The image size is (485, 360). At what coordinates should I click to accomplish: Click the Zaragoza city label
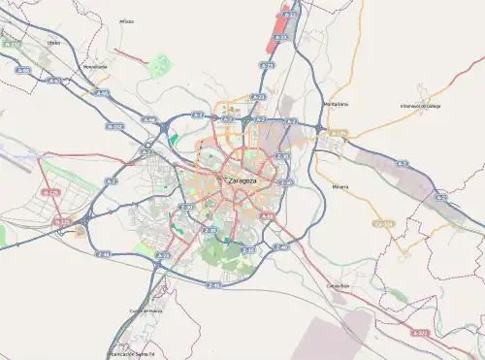point(242,180)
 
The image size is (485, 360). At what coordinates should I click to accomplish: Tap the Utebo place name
point(53,43)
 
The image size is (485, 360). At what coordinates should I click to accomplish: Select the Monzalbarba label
point(95,66)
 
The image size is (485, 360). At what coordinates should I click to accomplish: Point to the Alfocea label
point(127,19)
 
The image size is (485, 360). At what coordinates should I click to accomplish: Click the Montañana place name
point(335,103)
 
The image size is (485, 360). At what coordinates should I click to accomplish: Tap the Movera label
point(339,186)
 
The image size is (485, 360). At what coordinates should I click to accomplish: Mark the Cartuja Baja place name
point(338,286)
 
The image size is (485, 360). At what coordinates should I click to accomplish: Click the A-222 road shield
point(419,333)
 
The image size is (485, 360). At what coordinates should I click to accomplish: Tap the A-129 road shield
point(337,133)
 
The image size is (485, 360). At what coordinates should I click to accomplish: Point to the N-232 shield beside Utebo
point(12,44)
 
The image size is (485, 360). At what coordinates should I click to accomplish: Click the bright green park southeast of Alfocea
point(159,66)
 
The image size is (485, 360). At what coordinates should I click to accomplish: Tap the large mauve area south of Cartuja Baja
point(330,335)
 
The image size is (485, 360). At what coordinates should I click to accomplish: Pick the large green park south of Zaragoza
point(219,255)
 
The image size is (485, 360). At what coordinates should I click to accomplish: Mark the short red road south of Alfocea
point(130,55)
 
